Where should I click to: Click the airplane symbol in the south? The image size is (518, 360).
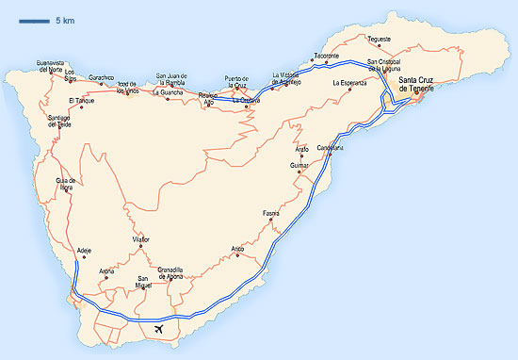point(158,329)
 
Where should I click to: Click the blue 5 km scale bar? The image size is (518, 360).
point(32,20)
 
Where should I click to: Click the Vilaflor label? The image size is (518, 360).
point(141,240)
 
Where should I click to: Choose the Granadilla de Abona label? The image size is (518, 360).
point(176,272)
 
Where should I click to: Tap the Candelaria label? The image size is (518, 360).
point(330,147)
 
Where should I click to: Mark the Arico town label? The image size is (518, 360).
point(237,249)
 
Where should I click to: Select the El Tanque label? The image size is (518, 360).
point(81,100)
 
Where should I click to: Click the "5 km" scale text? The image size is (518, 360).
point(65,20)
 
